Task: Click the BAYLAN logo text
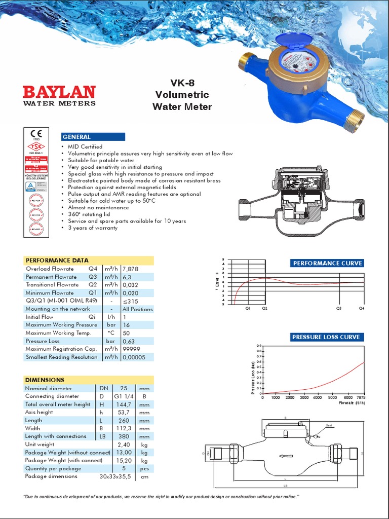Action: (59, 92)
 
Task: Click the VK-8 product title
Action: (182, 83)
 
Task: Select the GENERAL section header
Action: (76, 137)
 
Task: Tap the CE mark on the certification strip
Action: (36, 134)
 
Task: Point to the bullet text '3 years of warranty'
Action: (93, 228)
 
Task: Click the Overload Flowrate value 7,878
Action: (131, 269)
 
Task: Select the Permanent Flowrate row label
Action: (51, 277)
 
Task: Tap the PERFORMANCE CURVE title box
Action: (327, 263)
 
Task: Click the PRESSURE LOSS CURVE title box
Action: (326, 337)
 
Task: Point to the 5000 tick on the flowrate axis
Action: (332, 398)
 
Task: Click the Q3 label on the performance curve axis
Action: (339, 308)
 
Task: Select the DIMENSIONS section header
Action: (45, 380)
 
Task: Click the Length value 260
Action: (124, 420)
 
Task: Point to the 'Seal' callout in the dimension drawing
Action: (329, 425)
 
